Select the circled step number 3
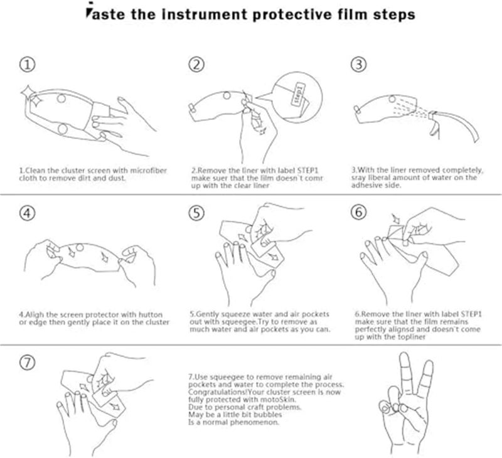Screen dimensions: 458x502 (x=358, y=65)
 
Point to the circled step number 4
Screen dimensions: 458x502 (x=27, y=213)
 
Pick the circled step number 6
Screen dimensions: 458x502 (x=358, y=213)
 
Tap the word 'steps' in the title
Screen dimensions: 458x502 (x=392, y=14)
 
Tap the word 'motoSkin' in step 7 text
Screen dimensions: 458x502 (x=277, y=400)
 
